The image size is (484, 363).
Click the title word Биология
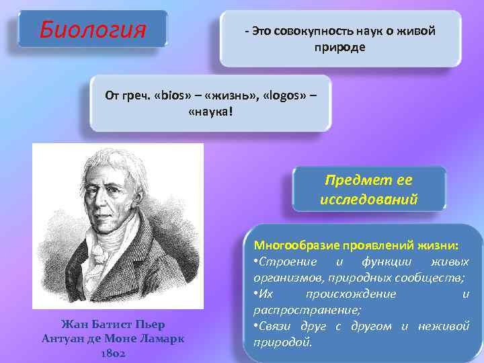click(92, 30)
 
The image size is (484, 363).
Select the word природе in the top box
click(340, 47)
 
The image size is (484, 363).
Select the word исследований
click(369, 200)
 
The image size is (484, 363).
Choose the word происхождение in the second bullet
click(350, 294)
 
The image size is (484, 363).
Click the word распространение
click(307, 310)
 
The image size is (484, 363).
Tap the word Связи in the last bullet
click(276, 326)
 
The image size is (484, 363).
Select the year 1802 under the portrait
click(113, 353)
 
